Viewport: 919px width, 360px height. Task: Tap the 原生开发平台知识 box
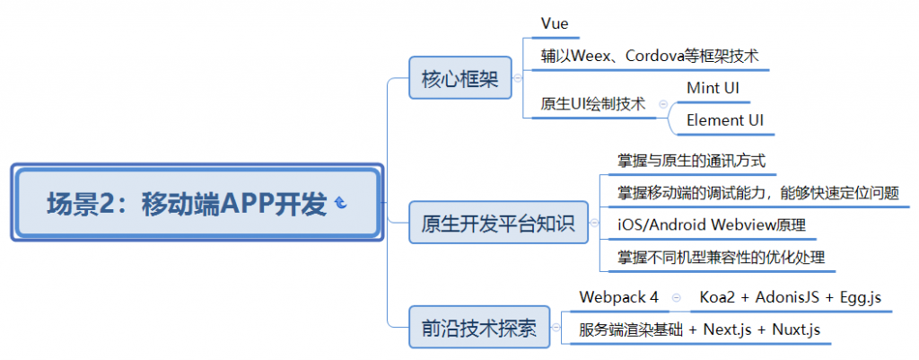tap(498, 222)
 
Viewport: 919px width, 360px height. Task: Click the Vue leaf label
tap(555, 22)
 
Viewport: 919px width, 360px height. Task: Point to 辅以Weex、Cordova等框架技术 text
tap(649, 55)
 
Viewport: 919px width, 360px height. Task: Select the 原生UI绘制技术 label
tap(592, 104)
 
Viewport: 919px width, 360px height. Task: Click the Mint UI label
tap(718, 88)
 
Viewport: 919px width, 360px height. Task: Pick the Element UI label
tap(726, 119)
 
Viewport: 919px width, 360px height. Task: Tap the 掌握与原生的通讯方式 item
tap(691, 162)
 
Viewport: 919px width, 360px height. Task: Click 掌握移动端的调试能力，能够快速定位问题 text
tap(757, 193)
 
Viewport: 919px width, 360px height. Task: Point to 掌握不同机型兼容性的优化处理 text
tap(721, 257)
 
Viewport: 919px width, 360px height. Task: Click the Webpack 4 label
tap(618, 296)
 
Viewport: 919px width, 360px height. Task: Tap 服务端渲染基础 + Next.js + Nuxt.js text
tap(699, 329)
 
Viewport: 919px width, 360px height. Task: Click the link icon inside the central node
tap(340, 206)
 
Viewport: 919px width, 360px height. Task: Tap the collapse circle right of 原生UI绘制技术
tap(663, 104)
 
